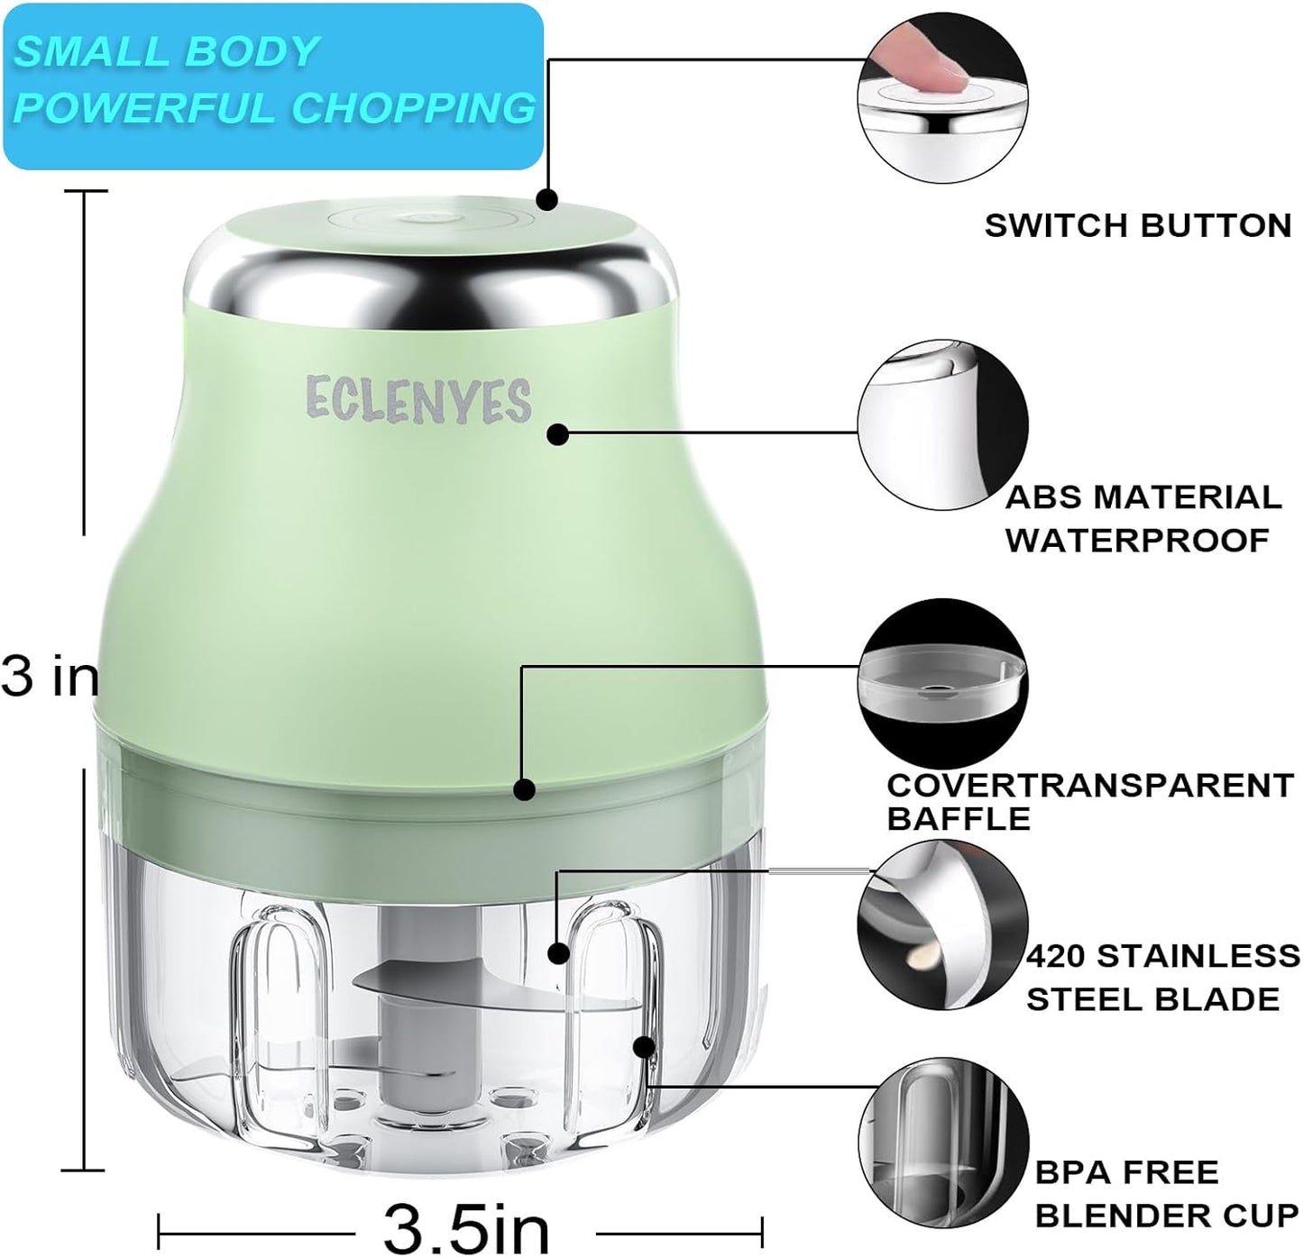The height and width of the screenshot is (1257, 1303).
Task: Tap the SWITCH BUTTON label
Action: tap(1138, 225)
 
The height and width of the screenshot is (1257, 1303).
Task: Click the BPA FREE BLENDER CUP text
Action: tap(1167, 1193)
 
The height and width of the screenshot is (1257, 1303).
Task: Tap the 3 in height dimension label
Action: tap(50, 676)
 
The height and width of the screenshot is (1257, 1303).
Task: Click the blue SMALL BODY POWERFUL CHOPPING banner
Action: tap(272, 86)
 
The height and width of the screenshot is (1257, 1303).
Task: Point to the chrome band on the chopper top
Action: tap(431, 279)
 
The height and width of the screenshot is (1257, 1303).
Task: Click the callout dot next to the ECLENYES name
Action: tap(558, 434)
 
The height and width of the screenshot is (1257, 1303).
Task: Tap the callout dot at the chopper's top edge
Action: tap(546, 199)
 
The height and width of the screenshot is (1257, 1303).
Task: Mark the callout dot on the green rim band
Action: tap(524, 789)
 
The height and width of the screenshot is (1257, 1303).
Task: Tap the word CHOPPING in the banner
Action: tap(413, 109)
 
